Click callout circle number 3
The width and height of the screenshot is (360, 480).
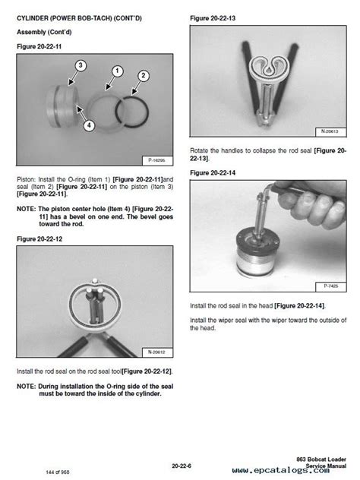(81, 65)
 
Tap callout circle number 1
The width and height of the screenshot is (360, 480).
(117, 71)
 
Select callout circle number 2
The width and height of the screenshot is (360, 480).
(144, 76)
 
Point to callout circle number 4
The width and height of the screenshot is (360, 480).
(89, 125)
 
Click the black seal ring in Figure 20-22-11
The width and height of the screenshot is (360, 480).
(115, 111)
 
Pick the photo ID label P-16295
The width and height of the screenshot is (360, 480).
(157, 160)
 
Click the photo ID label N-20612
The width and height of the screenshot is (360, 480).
(157, 352)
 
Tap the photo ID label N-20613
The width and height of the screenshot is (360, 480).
(330, 131)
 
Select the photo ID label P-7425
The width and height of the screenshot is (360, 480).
(330, 286)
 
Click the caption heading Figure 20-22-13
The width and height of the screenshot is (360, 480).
(213, 18)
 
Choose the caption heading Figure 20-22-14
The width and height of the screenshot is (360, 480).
(213, 173)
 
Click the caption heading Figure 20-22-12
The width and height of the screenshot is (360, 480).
(39, 239)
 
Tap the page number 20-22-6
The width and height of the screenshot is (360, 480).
(182, 466)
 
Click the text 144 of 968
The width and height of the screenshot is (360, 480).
(57, 472)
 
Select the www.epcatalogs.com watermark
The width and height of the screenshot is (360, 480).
(281, 471)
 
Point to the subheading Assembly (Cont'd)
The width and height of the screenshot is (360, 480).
(44, 32)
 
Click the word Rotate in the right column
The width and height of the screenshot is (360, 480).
(199, 150)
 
